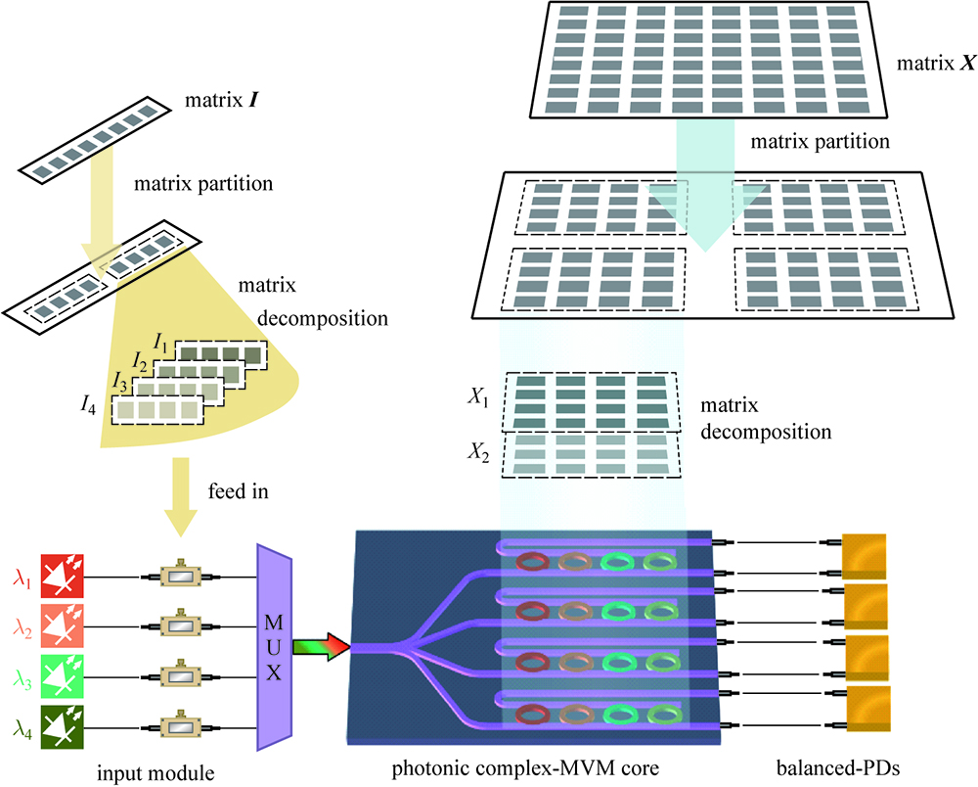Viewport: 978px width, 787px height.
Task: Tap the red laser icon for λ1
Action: point(62,576)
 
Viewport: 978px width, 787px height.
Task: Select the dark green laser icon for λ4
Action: point(62,726)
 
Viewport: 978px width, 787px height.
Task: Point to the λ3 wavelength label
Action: point(22,676)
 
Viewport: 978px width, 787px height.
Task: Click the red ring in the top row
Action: point(531,562)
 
